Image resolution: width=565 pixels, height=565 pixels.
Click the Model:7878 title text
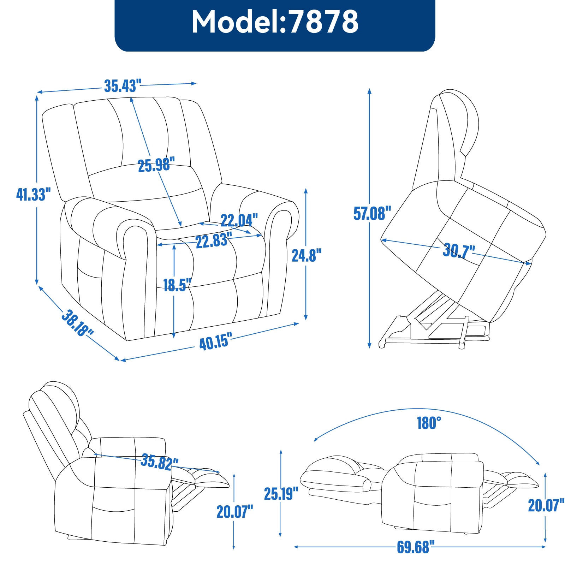(x=275, y=22)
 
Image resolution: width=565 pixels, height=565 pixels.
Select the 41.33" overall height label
(x=34, y=194)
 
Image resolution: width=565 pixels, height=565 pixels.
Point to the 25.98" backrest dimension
(x=156, y=165)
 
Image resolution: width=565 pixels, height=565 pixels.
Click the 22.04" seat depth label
(x=239, y=220)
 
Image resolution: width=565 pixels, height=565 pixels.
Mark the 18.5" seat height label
(x=177, y=285)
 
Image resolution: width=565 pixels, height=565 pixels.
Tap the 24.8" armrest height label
(x=307, y=255)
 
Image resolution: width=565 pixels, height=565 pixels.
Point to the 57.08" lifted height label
(x=372, y=213)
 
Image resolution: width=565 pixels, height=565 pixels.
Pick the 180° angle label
(x=429, y=423)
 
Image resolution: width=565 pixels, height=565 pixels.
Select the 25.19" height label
(x=281, y=493)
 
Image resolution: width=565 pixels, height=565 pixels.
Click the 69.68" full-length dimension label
(x=413, y=547)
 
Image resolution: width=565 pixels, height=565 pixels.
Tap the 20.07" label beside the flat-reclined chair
(x=546, y=505)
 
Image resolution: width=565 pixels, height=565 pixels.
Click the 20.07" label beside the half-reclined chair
(x=235, y=511)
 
